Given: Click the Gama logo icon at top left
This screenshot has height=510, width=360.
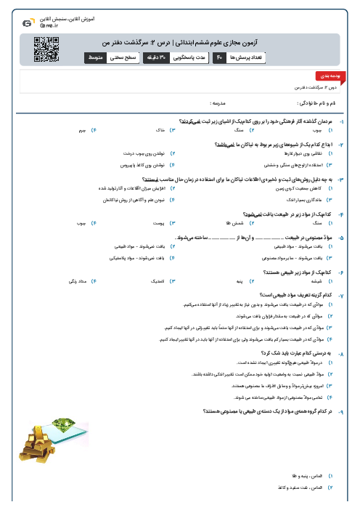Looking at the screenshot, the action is (x=27, y=23).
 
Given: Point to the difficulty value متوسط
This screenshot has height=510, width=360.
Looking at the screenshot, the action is (x=95, y=57).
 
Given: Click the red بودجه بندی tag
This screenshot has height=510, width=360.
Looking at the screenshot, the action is (x=324, y=76).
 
